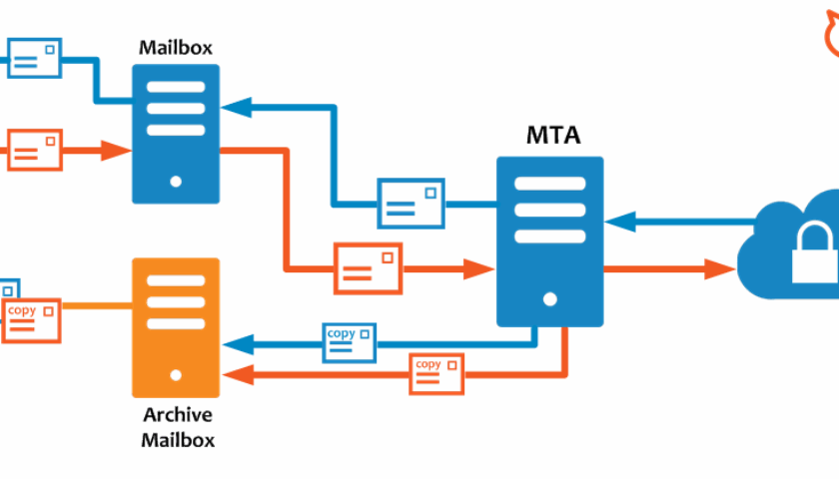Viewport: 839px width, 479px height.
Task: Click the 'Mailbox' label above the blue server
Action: coord(176,47)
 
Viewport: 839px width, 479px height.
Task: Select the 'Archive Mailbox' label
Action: coord(177,427)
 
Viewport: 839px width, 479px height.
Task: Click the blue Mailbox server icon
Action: coord(176,134)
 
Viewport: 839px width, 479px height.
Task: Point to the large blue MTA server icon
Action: coord(550,240)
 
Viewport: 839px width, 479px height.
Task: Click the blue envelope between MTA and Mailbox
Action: coord(411,203)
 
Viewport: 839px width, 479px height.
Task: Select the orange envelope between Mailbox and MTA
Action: coord(368,268)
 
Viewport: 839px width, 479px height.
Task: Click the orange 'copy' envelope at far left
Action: coord(32,320)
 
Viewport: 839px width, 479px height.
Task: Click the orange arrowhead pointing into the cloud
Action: coord(721,268)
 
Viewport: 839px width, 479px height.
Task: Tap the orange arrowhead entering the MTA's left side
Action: coord(481,268)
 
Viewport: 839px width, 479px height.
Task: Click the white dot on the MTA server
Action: coord(550,298)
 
